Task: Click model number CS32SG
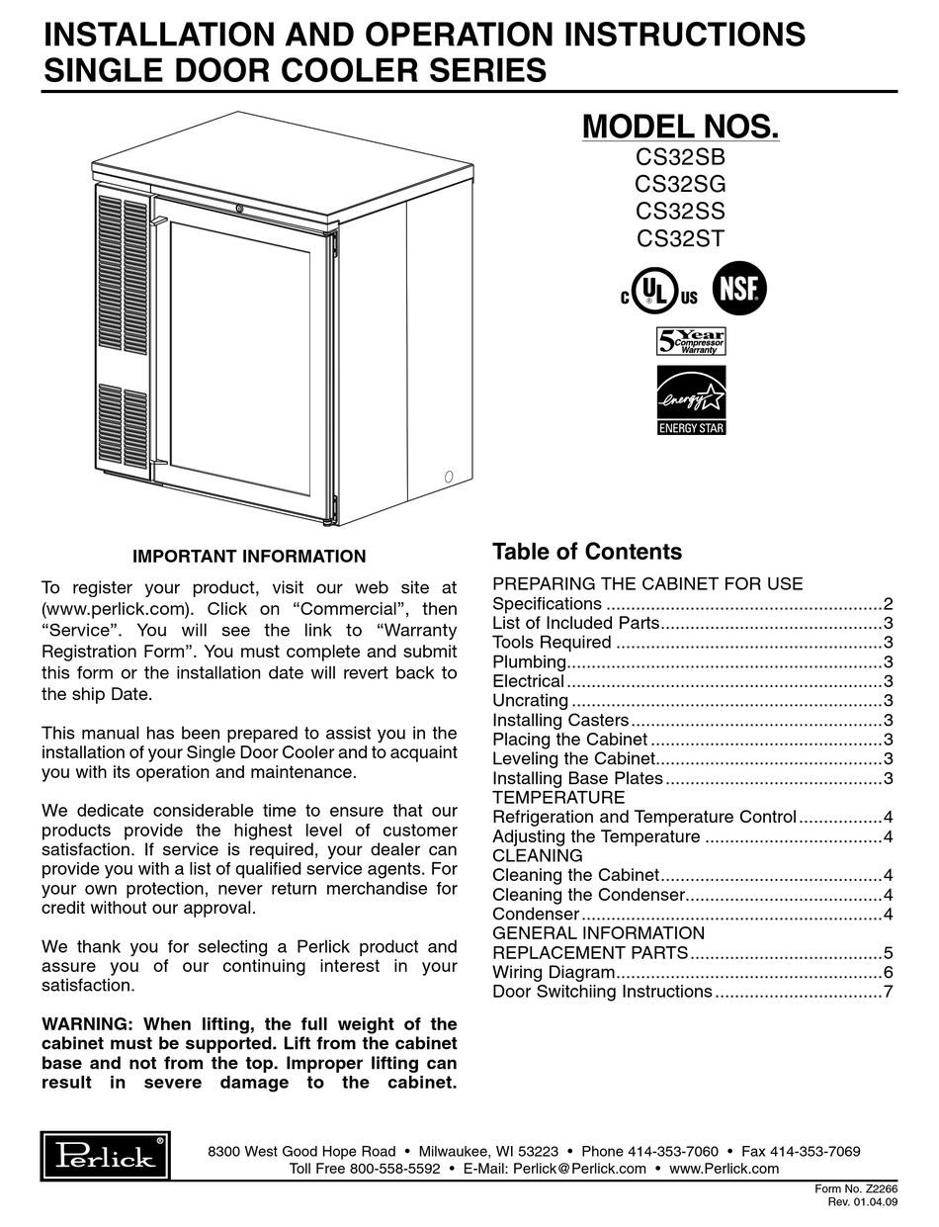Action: pos(680,183)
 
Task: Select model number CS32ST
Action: pos(680,238)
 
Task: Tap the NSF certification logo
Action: pos(739,288)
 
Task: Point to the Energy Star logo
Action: pos(691,400)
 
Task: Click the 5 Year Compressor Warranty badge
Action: pos(691,341)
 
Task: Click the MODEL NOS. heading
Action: pos(680,127)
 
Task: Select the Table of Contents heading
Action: pos(587,552)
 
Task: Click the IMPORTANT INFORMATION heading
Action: pos(249,557)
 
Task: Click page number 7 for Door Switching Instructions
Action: pos(889,992)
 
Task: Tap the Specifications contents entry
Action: pos(547,603)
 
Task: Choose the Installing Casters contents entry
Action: pos(560,721)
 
